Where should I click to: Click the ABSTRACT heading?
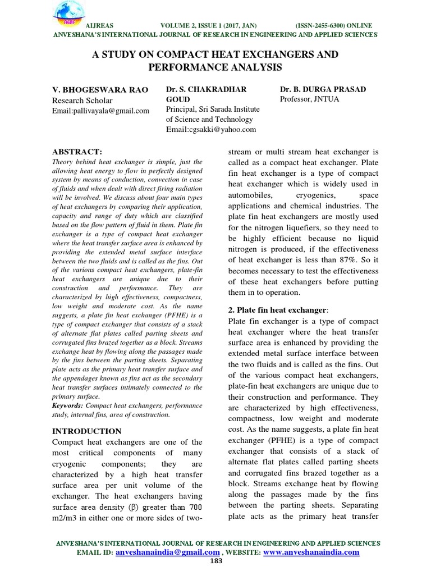point(77,152)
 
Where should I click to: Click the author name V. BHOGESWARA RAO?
point(93,90)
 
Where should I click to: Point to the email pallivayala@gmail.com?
point(100,111)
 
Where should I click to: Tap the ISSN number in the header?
point(333,26)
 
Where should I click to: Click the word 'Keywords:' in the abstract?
point(67,405)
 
